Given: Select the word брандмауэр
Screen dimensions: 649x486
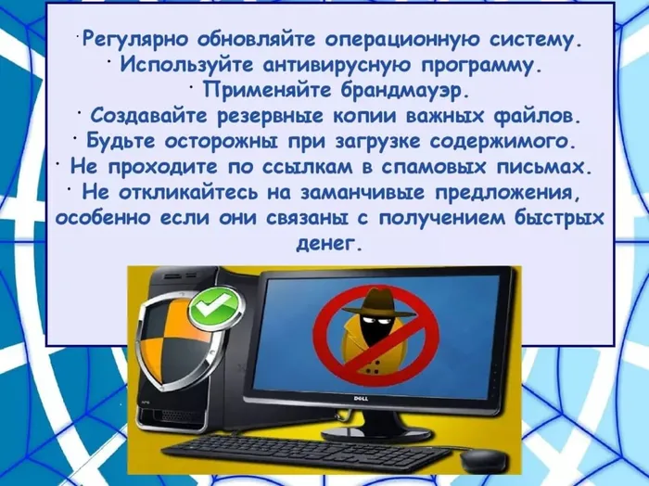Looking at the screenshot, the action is coord(400,90).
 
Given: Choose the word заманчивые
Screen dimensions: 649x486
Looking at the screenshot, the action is coord(363,192).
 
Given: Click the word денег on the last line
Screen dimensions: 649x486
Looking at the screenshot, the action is coord(327,243).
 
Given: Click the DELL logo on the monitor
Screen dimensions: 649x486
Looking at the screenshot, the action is coord(361,398).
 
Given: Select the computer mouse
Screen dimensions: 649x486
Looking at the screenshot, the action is coord(482,459).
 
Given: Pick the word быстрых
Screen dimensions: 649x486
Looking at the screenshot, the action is coord(559,218).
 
